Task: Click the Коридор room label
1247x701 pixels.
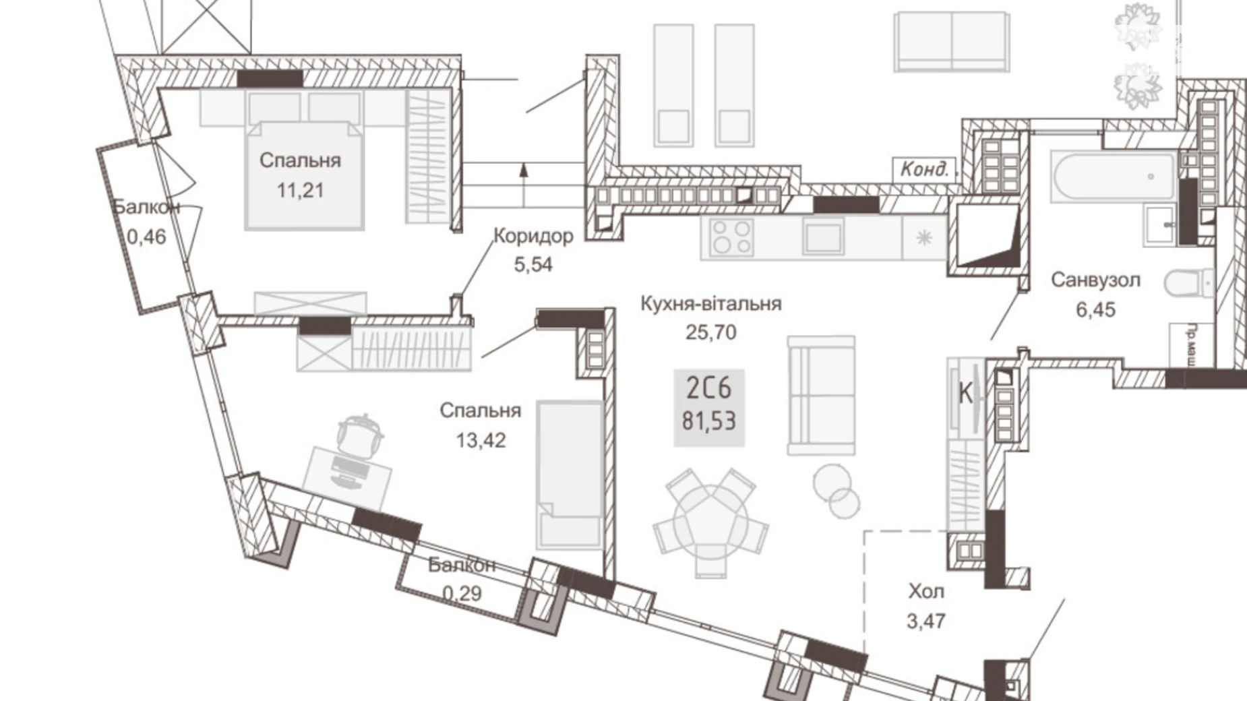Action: [533, 236]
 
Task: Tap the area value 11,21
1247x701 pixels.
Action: [300, 191]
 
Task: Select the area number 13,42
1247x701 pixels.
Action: [481, 440]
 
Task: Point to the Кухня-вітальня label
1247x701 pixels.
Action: [710, 303]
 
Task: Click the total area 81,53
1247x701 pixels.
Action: [709, 421]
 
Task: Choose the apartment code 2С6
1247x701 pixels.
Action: [708, 388]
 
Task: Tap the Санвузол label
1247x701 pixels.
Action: [1095, 280]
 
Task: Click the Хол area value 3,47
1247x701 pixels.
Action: [926, 621]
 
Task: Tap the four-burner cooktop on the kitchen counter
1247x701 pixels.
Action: [731, 237]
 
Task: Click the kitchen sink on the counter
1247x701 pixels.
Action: [823, 237]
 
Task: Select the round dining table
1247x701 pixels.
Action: [711, 522]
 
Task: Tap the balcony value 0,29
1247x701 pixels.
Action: [462, 594]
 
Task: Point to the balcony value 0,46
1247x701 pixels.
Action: [146, 237]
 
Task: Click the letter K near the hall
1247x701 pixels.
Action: [965, 394]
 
